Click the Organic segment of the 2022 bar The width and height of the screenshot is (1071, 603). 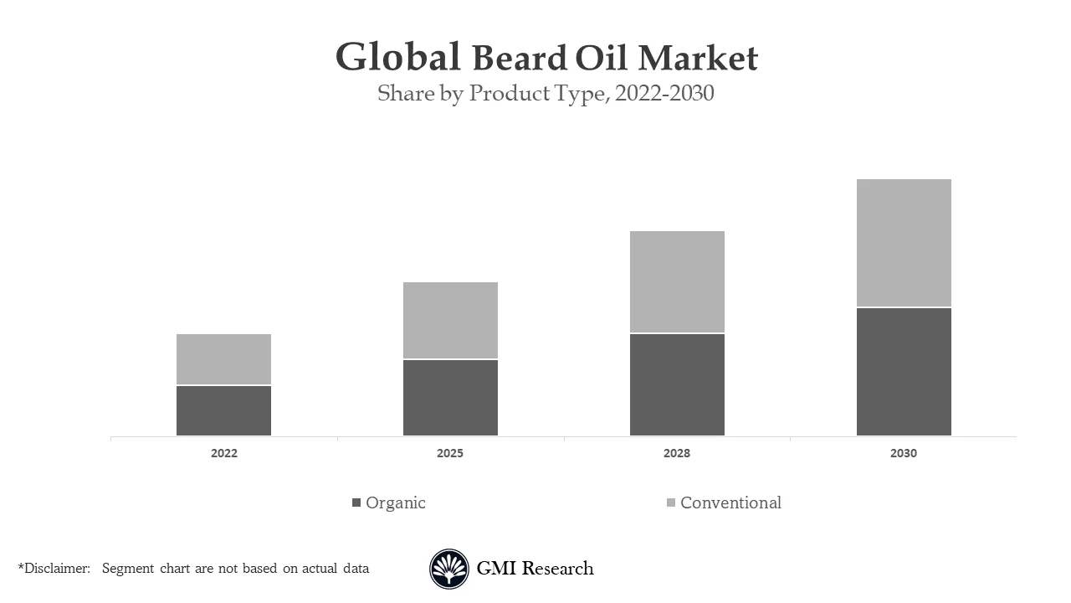(x=223, y=410)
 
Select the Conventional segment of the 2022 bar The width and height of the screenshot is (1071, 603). (x=223, y=359)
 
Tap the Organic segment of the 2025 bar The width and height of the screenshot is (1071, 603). (x=450, y=398)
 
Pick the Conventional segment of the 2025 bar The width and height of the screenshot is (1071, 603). (x=450, y=320)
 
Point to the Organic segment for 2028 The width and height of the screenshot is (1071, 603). (x=677, y=384)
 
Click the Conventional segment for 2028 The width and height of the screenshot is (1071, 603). (x=677, y=281)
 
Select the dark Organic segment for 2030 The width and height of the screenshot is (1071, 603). (x=904, y=372)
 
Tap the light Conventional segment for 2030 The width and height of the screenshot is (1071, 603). (x=904, y=243)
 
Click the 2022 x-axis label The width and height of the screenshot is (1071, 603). (x=223, y=453)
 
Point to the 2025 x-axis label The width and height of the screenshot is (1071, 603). (x=450, y=453)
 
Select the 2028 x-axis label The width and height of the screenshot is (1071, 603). (x=677, y=453)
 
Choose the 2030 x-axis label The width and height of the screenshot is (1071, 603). (x=904, y=453)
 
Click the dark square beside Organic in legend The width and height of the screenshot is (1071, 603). (x=356, y=502)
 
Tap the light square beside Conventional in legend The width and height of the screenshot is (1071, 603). (x=671, y=502)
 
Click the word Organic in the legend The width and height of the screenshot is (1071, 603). (x=396, y=502)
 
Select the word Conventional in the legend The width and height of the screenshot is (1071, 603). (x=730, y=502)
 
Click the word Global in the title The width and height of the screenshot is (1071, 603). (x=398, y=58)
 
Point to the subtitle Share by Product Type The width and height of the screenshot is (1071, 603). (x=494, y=93)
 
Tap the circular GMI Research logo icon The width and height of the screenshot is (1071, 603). (x=449, y=569)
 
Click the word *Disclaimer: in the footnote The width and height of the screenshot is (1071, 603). (x=54, y=569)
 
